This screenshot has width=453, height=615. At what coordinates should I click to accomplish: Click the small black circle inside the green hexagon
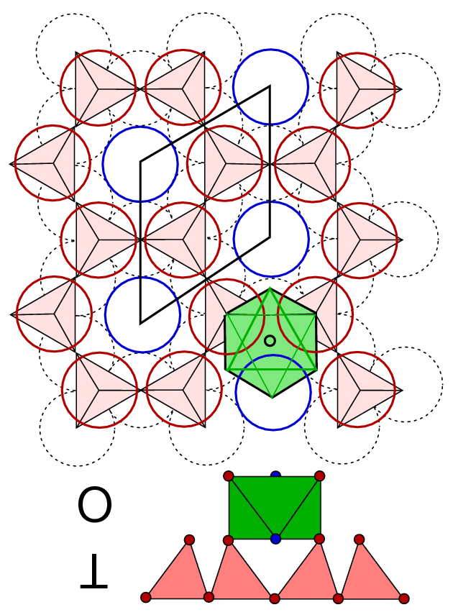point(270,341)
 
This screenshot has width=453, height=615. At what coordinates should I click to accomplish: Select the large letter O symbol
point(95,506)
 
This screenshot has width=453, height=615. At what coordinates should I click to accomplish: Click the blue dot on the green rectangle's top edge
point(275,475)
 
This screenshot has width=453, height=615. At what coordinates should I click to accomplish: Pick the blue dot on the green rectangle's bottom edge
point(275,539)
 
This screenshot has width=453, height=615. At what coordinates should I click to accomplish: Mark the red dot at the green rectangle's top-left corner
point(229,476)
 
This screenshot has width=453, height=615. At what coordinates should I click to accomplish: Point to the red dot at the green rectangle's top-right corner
point(320,476)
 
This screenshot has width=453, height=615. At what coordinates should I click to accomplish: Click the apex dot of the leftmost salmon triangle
point(189,540)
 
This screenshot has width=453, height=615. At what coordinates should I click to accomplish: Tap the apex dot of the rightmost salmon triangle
point(359,539)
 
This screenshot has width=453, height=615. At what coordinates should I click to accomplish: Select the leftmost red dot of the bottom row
point(146,597)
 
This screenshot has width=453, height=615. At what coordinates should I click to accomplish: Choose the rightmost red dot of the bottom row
point(404,598)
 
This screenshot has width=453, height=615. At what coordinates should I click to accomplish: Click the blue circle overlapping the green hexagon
point(273,392)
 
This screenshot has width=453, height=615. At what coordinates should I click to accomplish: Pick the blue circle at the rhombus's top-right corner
point(270,86)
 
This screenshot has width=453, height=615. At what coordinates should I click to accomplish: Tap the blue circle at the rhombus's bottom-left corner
point(142,315)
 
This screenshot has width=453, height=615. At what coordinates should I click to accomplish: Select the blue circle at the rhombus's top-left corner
point(140,164)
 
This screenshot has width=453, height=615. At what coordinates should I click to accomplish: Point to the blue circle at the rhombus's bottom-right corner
point(271,239)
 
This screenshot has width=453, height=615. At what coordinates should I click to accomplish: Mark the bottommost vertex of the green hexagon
point(271,396)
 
